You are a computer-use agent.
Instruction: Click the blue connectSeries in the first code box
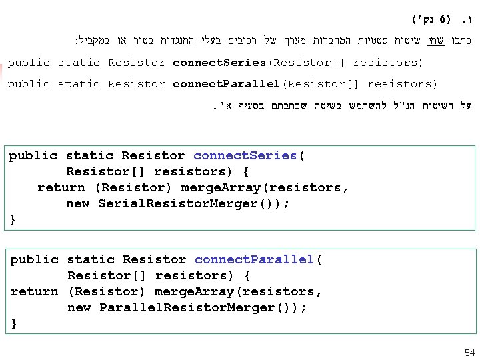pos(245,155)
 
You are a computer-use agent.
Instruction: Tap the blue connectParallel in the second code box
pos(255,259)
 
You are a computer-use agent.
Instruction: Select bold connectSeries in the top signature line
pos(219,63)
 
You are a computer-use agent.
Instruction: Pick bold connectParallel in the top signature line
pos(226,84)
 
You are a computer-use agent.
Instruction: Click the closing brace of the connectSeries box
pos(13,219)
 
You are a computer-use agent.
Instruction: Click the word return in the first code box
pos(61,187)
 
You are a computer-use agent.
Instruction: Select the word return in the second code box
pos(34,291)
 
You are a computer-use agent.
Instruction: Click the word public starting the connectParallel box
pos(33,259)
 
